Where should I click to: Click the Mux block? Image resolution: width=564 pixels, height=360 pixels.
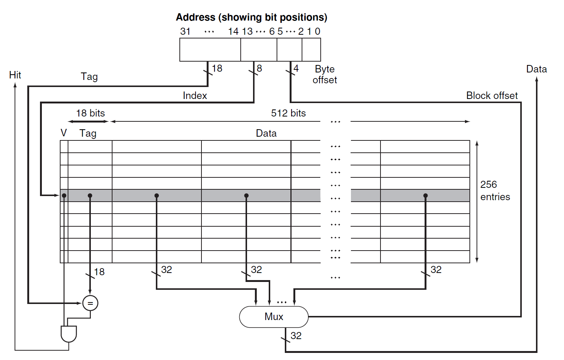pyautogui.click(x=274, y=317)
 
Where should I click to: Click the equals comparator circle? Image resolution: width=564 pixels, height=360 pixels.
pyautogui.click(x=90, y=303)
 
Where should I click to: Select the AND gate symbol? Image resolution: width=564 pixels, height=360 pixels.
pyautogui.click(x=69, y=334)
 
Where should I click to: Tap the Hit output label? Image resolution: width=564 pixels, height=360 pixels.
pyautogui.click(x=15, y=75)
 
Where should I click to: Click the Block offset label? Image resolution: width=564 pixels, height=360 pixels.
pyautogui.click(x=491, y=96)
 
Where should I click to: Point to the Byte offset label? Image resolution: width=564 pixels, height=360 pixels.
pyautogui.click(x=325, y=74)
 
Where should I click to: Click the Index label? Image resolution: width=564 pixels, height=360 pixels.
pyautogui.click(x=195, y=96)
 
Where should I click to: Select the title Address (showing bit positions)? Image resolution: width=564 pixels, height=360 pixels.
pyautogui.click(x=252, y=17)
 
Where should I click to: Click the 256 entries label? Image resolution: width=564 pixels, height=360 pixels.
pyautogui.click(x=495, y=190)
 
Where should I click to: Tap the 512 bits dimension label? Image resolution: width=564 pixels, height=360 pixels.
pyautogui.click(x=288, y=113)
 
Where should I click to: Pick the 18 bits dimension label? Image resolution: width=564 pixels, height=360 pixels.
pyautogui.click(x=90, y=113)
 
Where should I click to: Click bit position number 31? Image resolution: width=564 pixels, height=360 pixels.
pyautogui.click(x=185, y=31)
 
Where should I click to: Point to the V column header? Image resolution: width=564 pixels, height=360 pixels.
pyautogui.click(x=64, y=133)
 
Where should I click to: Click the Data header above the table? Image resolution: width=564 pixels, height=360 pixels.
pyautogui.click(x=266, y=133)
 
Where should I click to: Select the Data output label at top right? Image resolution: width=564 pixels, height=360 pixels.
pyautogui.click(x=536, y=69)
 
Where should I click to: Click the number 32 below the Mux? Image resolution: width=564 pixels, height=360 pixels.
pyautogui.click(x=296, y=336)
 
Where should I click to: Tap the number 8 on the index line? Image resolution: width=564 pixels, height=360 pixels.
pyautogui.click(x=259, y=68)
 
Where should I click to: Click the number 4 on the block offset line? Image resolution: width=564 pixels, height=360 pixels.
pyautogui.click(x=296, y=68)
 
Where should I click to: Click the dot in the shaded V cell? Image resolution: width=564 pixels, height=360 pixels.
pyautogui.click(x=64, y=196)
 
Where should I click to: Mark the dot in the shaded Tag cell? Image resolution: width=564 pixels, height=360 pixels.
pyautogui.click(x=90, y=196)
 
